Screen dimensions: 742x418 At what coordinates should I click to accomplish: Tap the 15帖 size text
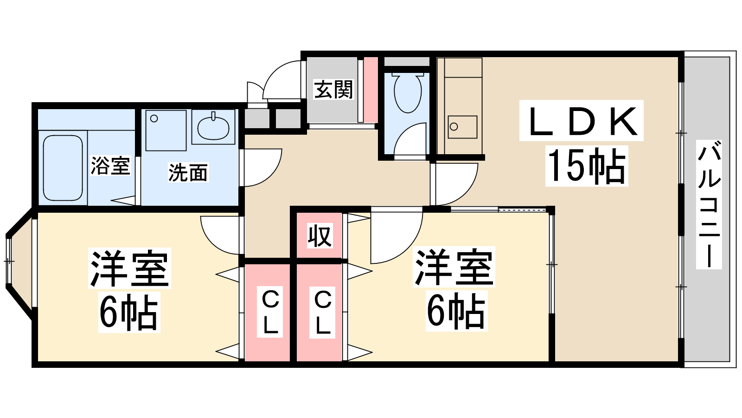coord(587,166)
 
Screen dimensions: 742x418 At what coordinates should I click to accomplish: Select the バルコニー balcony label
coord(709,204)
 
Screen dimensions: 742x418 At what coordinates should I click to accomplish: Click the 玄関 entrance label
coord(333,90)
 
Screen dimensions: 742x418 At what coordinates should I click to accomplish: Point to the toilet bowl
coord(408,93)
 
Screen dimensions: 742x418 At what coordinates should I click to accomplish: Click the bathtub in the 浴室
coord(63,168)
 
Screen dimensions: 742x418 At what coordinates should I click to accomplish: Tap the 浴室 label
coord(110,165)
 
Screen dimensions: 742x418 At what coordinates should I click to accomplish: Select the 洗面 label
coord(188,172)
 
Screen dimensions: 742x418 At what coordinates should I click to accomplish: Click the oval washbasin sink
coord(213,127)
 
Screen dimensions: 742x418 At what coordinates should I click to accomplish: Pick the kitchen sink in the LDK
coord(462,127)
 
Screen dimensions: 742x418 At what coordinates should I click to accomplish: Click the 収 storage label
coord(320,236)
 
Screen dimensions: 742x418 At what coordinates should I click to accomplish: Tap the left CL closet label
coord(270,312)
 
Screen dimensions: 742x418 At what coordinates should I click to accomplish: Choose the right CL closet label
coord(323,312)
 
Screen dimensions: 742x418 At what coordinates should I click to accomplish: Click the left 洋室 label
coord(129,268)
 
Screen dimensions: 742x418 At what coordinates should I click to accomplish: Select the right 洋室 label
coord(454,267)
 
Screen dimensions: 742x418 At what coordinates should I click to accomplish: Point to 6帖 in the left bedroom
coord(129,313)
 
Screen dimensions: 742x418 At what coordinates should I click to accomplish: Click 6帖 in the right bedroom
coord(456,311)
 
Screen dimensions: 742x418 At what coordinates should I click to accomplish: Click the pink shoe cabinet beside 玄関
coord(371,90)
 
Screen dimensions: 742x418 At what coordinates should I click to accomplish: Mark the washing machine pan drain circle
coord(154,118)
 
